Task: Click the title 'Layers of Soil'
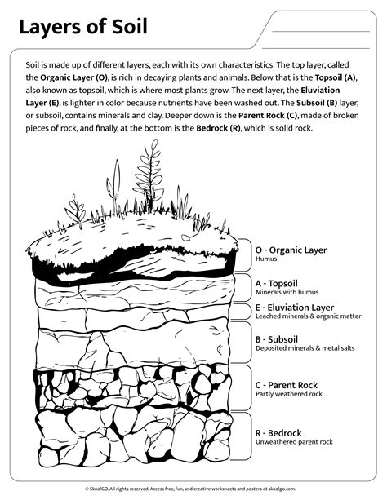click(83, 29)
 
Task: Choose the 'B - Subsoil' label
click(282, 338)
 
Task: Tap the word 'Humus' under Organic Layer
click(267, 261)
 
